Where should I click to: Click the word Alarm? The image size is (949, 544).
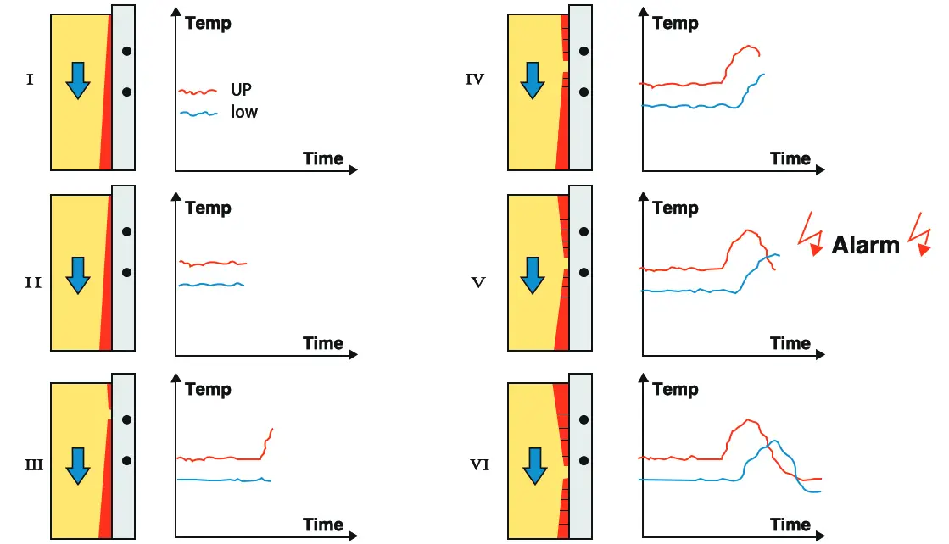(866, 245)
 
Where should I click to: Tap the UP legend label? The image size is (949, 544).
(241, 90)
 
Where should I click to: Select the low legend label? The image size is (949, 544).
(244, 112)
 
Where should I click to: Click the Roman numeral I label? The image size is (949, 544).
(30, 79)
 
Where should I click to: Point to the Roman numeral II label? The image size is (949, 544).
(33, 282)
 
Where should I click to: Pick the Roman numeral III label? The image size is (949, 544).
(34, 464)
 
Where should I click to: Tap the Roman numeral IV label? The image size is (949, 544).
(475, 79)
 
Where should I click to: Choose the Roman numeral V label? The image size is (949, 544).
(478, 282)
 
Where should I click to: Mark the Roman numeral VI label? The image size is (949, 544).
(479, 464)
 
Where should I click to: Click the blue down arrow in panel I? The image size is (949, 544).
(78, 80)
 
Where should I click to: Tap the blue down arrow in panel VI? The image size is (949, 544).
(535, 466)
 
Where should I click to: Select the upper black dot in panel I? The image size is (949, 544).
(126, 52)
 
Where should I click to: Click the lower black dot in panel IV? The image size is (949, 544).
(583, 92)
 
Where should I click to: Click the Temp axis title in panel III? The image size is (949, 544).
(208, 389)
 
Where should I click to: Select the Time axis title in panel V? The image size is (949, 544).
(790, 342)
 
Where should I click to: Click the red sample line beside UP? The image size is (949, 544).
(198, 92)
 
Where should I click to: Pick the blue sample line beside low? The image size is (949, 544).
(198, 113)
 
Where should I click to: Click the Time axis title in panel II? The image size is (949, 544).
(322, 342)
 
